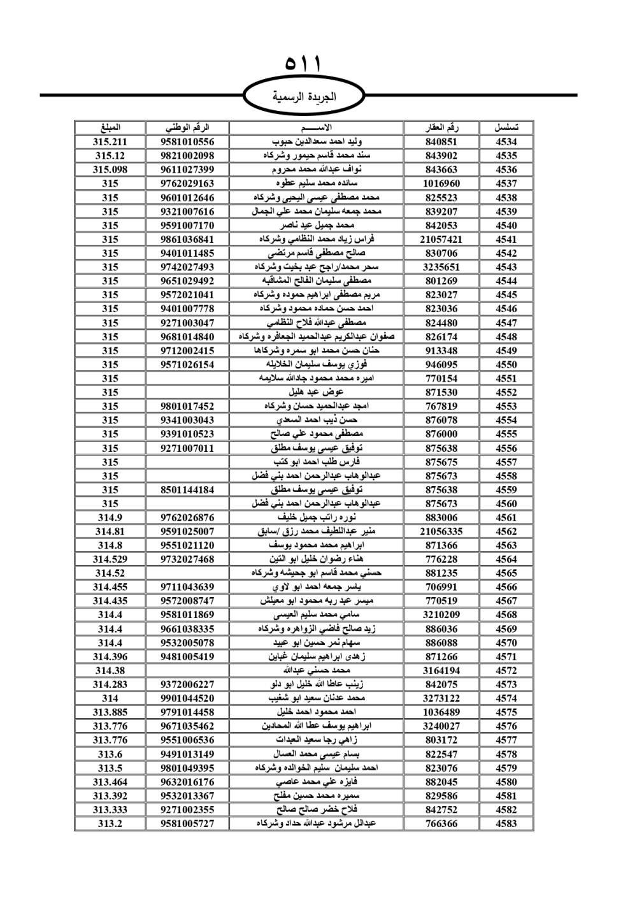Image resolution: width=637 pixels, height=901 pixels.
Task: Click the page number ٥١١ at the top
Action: [x=304, y=64]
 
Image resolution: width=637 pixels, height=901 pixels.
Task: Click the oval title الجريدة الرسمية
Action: [x=304, y=97]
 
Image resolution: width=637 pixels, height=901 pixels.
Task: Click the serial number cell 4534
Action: [x=506, y=141]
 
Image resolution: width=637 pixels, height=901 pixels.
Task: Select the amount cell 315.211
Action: [x=110, y=141]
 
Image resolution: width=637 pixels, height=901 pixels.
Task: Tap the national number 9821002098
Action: [x=187, y=155]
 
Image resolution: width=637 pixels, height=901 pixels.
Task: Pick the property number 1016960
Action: [x=441, y=184]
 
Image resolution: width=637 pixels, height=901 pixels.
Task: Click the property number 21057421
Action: [x=441, y=240]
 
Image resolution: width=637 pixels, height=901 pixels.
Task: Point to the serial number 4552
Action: [x=506, y=393]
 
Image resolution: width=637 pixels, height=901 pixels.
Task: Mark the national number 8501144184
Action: [x=187, y=490]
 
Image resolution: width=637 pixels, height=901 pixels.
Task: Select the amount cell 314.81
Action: [x=110, y=531]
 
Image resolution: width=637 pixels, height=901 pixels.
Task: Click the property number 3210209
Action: [x=441, y=615]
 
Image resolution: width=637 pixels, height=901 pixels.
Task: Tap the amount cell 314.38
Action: [x=110, y=670]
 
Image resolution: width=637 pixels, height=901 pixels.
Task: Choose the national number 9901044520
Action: [x=187, y=698]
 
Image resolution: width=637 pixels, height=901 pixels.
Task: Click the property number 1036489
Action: [x=441, y=712]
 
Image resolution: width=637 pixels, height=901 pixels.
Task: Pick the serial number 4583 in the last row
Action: [x=506, y=824]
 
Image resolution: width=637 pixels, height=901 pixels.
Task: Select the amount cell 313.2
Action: [x=110, y=824]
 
